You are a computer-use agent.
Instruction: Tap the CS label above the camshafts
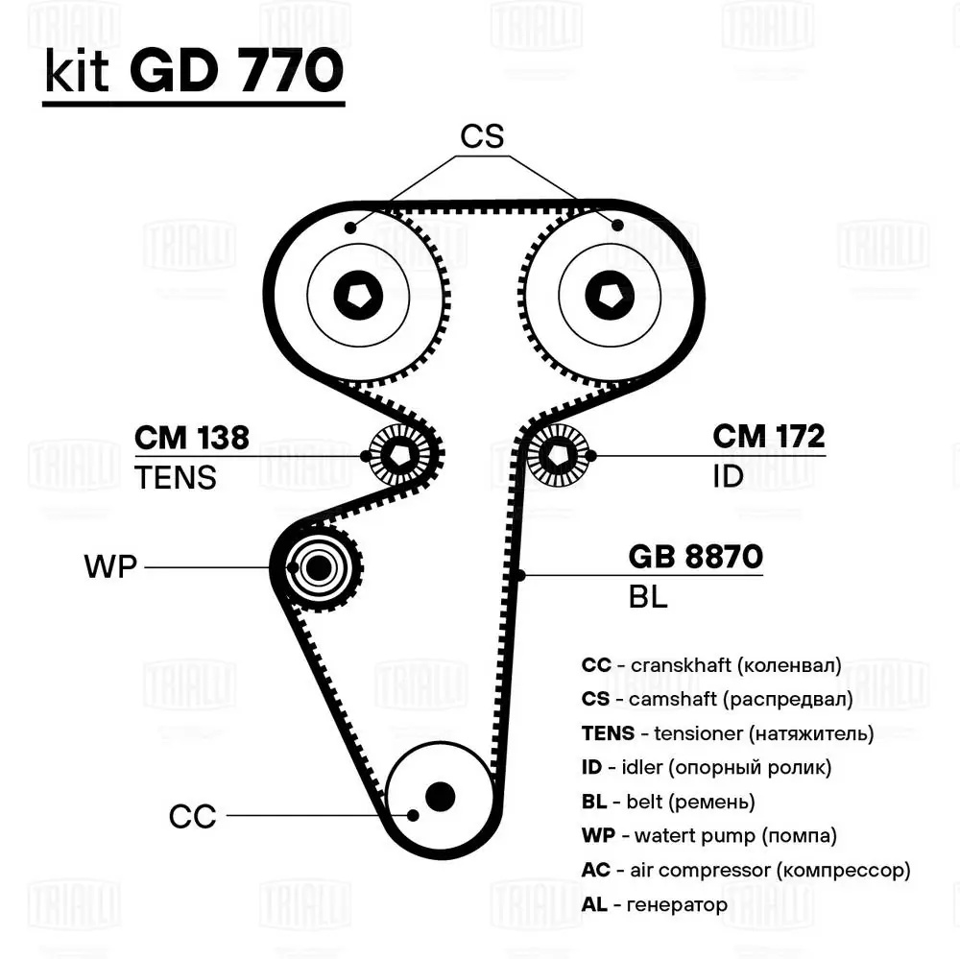pos(482,137)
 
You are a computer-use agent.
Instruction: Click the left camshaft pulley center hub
pos(358,297)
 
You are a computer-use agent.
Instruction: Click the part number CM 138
pos(192,438)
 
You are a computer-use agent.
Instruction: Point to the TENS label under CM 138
pos(176,477)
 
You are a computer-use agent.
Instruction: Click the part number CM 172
pos(768,437)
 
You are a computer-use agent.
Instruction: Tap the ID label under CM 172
pos(729,476)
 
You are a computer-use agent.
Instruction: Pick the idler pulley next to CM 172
pos(558,455)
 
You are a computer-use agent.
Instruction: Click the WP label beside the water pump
pos(111,567)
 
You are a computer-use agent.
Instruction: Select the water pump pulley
pos(318,567)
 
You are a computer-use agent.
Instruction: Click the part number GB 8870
pos(695,557)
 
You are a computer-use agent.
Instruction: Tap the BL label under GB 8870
pos(648,597)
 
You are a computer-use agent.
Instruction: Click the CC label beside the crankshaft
pos(192,817)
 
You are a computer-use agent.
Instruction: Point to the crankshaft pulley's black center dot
pos(440,795)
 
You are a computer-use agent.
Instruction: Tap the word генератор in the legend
pos(676,904)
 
